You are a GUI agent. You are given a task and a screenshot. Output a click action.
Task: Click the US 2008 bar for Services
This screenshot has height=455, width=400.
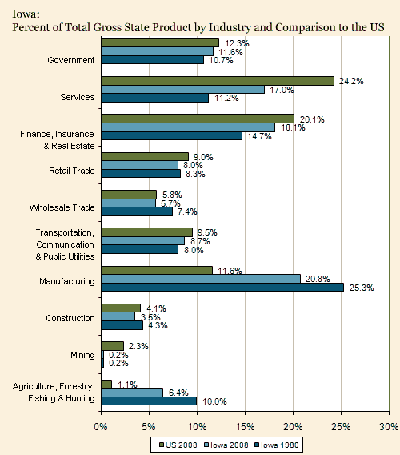(218, 81)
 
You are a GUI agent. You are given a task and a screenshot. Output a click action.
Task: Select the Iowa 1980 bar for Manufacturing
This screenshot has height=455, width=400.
(222, 288)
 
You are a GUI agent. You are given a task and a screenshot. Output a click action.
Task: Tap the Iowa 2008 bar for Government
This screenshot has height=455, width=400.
(158, 51)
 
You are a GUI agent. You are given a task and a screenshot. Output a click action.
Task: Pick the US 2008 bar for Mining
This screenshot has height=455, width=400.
(113, 346)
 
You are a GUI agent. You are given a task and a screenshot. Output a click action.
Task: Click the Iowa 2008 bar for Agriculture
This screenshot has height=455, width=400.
(132, 393)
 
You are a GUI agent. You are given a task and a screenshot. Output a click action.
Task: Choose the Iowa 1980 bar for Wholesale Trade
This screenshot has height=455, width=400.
(137, 211)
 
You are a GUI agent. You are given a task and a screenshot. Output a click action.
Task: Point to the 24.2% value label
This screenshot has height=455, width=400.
(351, 81)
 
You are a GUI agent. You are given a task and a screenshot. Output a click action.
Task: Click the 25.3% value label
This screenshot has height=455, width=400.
(362, 288)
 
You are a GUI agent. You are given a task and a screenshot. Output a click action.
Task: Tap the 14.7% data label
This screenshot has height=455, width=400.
(259, 136)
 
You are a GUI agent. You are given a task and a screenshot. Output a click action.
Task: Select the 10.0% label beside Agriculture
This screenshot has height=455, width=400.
(214, 401)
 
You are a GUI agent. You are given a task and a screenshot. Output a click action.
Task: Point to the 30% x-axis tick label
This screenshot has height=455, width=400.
(389, 426)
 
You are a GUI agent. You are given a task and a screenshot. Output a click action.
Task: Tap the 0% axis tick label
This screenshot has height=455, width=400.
(101, 426)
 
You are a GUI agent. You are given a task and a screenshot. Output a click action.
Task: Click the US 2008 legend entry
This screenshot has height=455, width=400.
(178, 445)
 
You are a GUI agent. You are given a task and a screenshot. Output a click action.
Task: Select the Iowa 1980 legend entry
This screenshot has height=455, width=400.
(277, 445)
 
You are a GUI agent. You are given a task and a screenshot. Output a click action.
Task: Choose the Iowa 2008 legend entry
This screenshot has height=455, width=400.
(226, 445)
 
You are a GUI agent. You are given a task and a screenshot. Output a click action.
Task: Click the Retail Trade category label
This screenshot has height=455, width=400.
(71, 171)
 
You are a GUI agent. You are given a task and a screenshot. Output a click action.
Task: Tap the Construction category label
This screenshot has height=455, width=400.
(70, 318)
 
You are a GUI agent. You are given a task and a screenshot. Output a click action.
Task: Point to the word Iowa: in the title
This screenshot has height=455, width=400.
(26, 14)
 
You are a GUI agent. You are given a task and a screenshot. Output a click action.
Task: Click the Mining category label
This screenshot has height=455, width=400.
(82, 355)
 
